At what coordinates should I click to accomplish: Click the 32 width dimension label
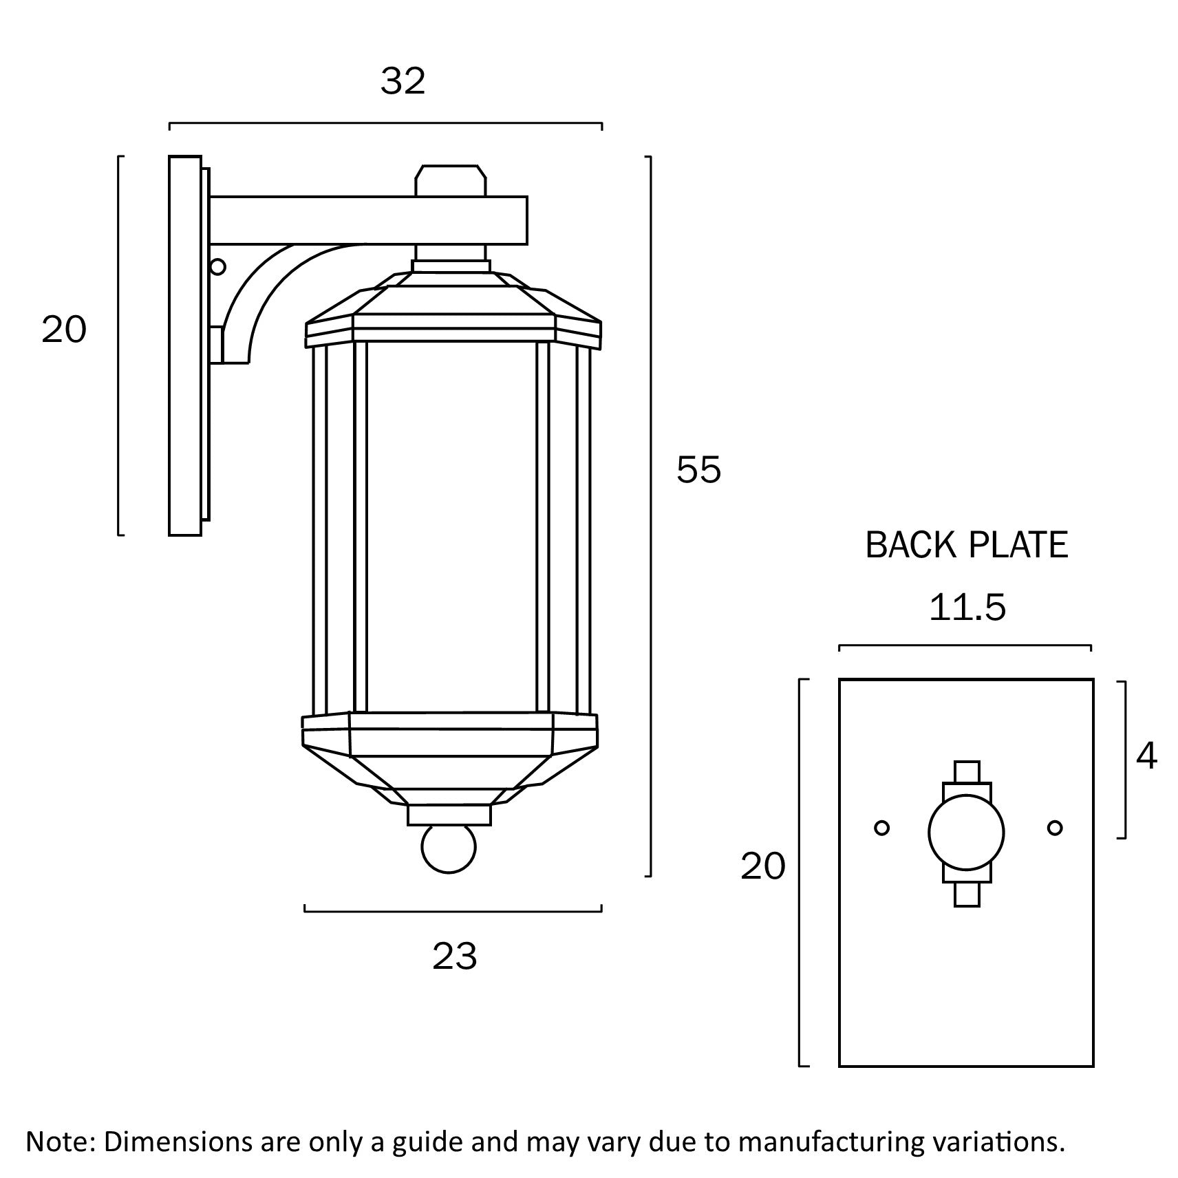[x=403, y=81]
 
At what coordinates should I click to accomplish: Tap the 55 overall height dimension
[x=698, y=470]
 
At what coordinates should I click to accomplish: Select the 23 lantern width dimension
[x=454, y=956]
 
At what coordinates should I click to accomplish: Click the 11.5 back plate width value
[x=967, y=608]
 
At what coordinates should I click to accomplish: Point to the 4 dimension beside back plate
[x=1146, y=757]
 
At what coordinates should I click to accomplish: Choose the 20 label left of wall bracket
[x=64, y=330]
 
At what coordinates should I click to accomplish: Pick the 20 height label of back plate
[x=762, y=866]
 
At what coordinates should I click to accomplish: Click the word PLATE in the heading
[x=1018, y=546]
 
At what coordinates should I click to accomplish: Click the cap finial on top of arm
[x=451, y=181]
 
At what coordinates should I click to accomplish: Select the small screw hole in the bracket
[x=217, y=266]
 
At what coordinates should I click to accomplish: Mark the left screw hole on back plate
[x=881, y=828]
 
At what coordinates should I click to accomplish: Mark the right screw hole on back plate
[x=1055, y=828]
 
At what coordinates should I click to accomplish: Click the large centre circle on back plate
[x=966, y=833]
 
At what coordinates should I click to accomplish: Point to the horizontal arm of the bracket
[x=368, y=220]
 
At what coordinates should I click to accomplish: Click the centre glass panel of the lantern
[x=451, y=526]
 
